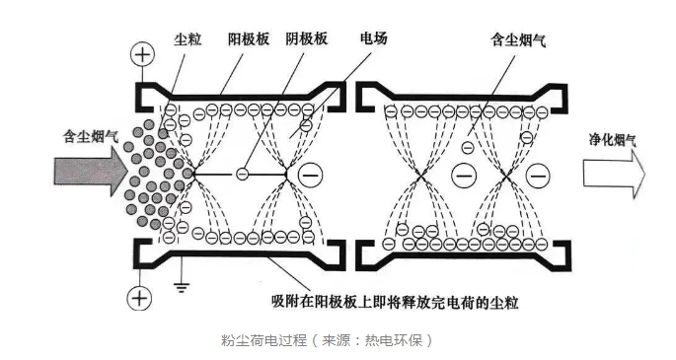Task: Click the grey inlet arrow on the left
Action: click(86, 175)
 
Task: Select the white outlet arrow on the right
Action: click(613, 176)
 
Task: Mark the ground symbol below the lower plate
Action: click(183, 287)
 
